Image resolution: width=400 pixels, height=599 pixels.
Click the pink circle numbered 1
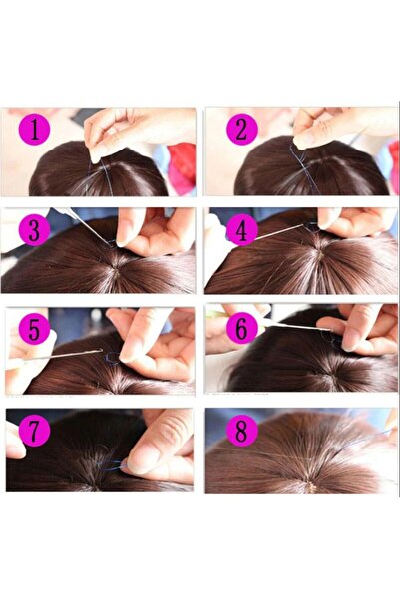tap(34, 129)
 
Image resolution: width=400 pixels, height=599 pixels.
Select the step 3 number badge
tap(34, 230)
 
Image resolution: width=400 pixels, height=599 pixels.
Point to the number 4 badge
tap(240, 230)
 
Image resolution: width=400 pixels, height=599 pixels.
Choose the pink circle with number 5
tap(34, 330)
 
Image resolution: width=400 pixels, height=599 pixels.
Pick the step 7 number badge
tap(34, 432)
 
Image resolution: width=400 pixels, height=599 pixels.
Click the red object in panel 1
tap(182, 164)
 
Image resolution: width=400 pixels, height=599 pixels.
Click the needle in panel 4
tap(279, 232)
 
